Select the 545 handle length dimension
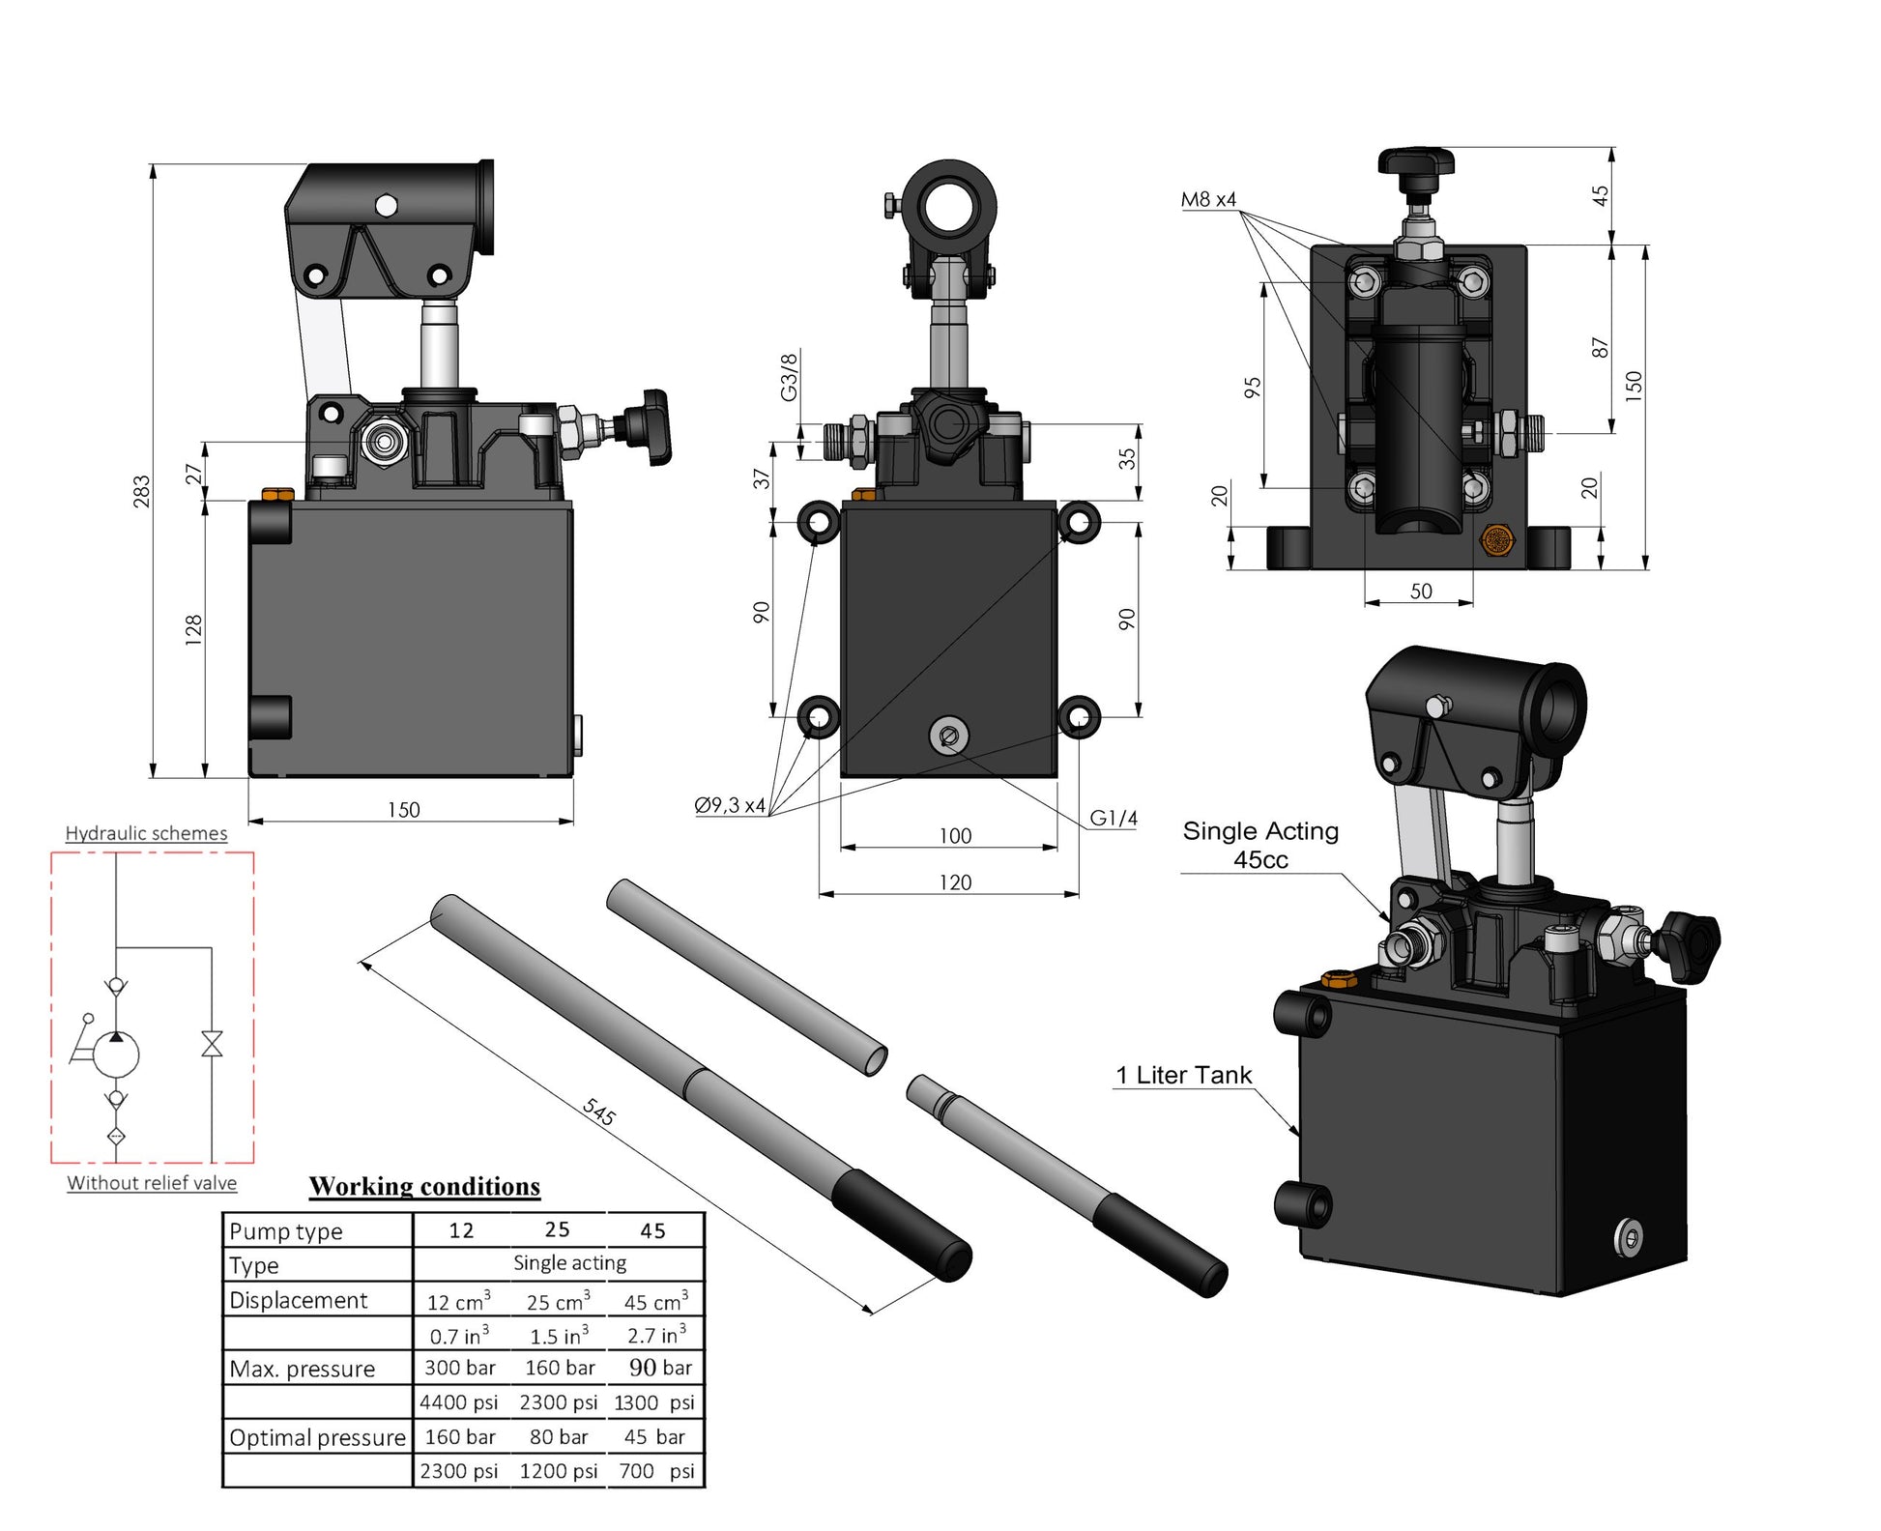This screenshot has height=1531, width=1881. click(x=599, y=1112)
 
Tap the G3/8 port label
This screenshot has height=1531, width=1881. click(x=790, y=377)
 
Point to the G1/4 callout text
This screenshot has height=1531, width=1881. click(x=1113, y=818)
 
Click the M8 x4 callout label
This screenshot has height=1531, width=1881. click(x=1208, y=199)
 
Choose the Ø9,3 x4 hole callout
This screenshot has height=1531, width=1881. click(x=730, y=804)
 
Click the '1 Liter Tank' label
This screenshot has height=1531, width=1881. click(x=1183, y=1075)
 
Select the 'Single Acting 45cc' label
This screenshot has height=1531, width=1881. click(x=1260, y=845)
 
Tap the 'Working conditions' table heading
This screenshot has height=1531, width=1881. click(x=424, y=1186)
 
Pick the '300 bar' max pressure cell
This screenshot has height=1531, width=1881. click(x=460, y=1368)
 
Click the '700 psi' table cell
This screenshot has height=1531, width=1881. click(x=656, y=1471)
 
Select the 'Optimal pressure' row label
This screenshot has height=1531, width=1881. click(x=317, y=1437)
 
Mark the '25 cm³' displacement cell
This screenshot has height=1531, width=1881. click(x=559, y=1301)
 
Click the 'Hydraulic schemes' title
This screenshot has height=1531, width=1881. click(x=146, y=833)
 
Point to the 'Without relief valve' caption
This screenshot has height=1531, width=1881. click(x=152, y=1183)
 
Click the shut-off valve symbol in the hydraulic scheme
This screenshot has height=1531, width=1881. click(x=212, y=1044)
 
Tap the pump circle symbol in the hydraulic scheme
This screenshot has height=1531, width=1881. click(x=116, y=1055)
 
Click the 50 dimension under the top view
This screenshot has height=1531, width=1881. click(x=1420, y=591)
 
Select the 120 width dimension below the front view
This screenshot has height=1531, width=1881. click(x=955, y=882)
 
